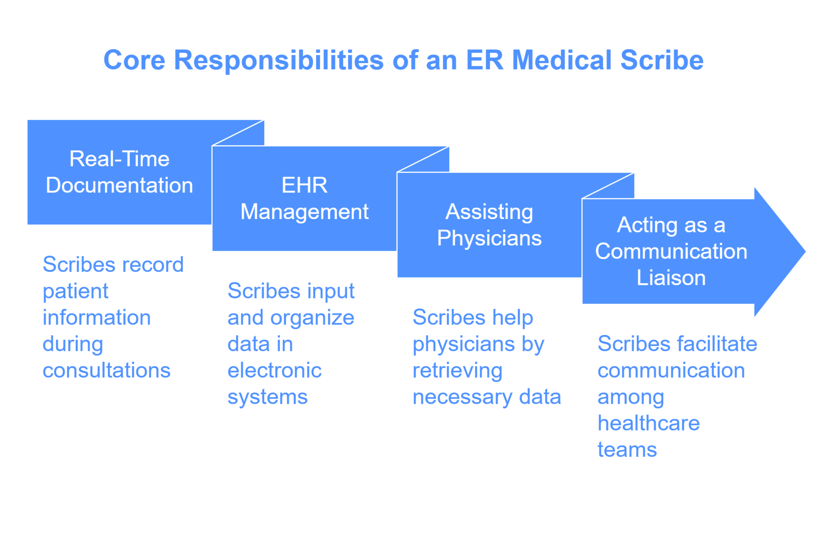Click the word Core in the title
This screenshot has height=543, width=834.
point(134,60)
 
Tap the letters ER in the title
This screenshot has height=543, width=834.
point(485,60)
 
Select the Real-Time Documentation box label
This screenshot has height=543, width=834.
point(119,172)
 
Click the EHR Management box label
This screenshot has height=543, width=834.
point(304,198)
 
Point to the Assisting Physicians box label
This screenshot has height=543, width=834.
point(489,225)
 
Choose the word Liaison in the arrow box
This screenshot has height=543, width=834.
point(671,278)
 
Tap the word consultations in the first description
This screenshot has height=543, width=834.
point(107,370)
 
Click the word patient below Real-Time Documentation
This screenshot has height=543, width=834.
point(76,291)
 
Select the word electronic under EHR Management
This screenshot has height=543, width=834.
point(274,370)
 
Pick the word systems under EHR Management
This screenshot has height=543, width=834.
point(268,397)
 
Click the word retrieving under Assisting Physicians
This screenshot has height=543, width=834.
point(457,371)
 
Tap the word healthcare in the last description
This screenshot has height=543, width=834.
point(649,423)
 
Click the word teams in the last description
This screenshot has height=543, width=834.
point(627,450)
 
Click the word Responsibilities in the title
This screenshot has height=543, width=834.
point(279,60)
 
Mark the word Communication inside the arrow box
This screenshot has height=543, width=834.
point(671,251)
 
